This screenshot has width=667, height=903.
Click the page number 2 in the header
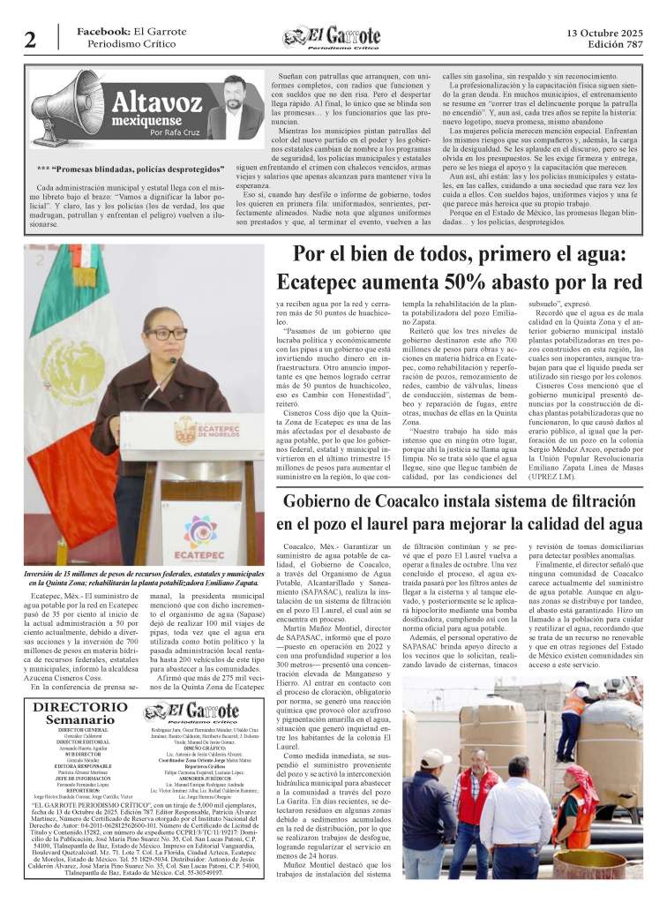tap(30, 39)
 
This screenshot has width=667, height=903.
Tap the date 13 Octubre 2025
tap(604, 32)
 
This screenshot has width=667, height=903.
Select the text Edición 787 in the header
tap(608, 45)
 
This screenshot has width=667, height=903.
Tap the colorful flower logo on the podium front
tap(200, 531)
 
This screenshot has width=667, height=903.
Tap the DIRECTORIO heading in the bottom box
tap(80, 708)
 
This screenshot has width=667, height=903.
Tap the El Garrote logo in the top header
tap(332, 37)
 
